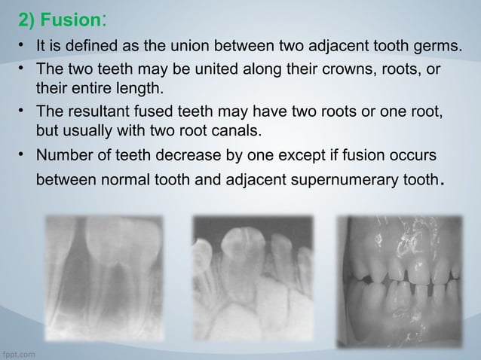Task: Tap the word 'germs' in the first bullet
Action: [x=437, y=49]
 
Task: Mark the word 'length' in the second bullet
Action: [x=139, y=90]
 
